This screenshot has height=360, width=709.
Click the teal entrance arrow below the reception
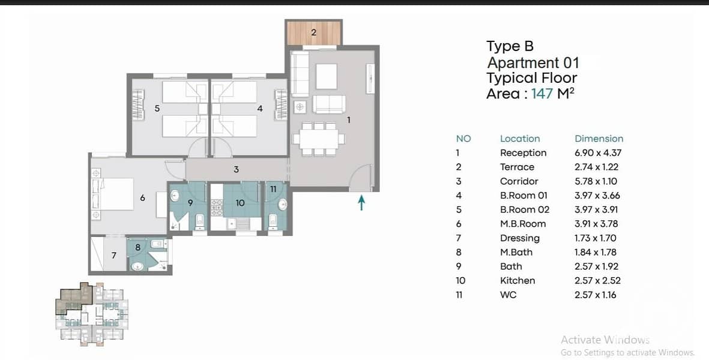point(361,202)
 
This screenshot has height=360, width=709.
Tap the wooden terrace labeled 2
point(314,33)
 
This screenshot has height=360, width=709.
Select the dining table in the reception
point(319,139)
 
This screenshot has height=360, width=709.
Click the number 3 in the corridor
point(236,170)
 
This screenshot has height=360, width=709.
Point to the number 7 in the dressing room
point(113,256)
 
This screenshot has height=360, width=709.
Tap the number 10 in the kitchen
point(240,203)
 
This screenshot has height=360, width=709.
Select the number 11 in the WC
point(273,189)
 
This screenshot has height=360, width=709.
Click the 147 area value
point(542,94)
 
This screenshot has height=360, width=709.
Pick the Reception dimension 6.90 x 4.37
point(598,153)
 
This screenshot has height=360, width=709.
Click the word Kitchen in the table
point(517,281)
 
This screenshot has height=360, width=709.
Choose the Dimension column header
point(599,139)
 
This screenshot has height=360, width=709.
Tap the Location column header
point(520,139)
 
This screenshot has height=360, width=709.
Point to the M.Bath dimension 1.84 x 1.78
point(596,253)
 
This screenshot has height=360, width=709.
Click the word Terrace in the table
point(517,167)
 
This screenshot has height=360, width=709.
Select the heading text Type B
point(510,46)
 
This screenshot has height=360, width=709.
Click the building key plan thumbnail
point(92,314)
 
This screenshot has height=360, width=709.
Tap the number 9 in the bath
point(190,203)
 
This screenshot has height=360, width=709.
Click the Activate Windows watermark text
point(605,340)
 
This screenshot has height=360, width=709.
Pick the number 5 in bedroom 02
point(157,109)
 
